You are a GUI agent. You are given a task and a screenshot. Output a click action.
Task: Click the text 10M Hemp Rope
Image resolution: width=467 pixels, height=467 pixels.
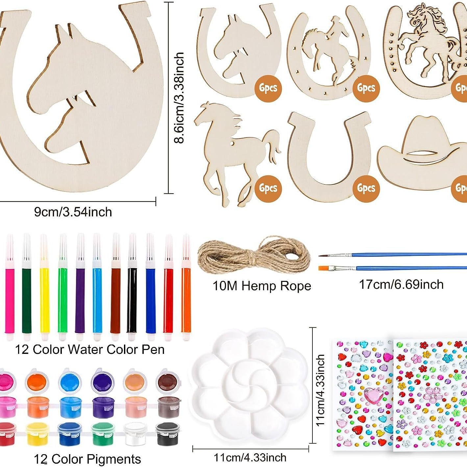261,286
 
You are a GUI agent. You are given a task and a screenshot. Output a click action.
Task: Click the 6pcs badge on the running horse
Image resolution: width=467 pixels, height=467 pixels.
268,188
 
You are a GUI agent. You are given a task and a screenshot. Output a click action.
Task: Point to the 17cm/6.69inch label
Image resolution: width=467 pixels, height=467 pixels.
401,284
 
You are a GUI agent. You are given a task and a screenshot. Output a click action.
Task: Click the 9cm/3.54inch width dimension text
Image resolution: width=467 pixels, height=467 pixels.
73,212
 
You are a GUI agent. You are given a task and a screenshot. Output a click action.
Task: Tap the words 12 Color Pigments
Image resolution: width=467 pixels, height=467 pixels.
87,459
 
